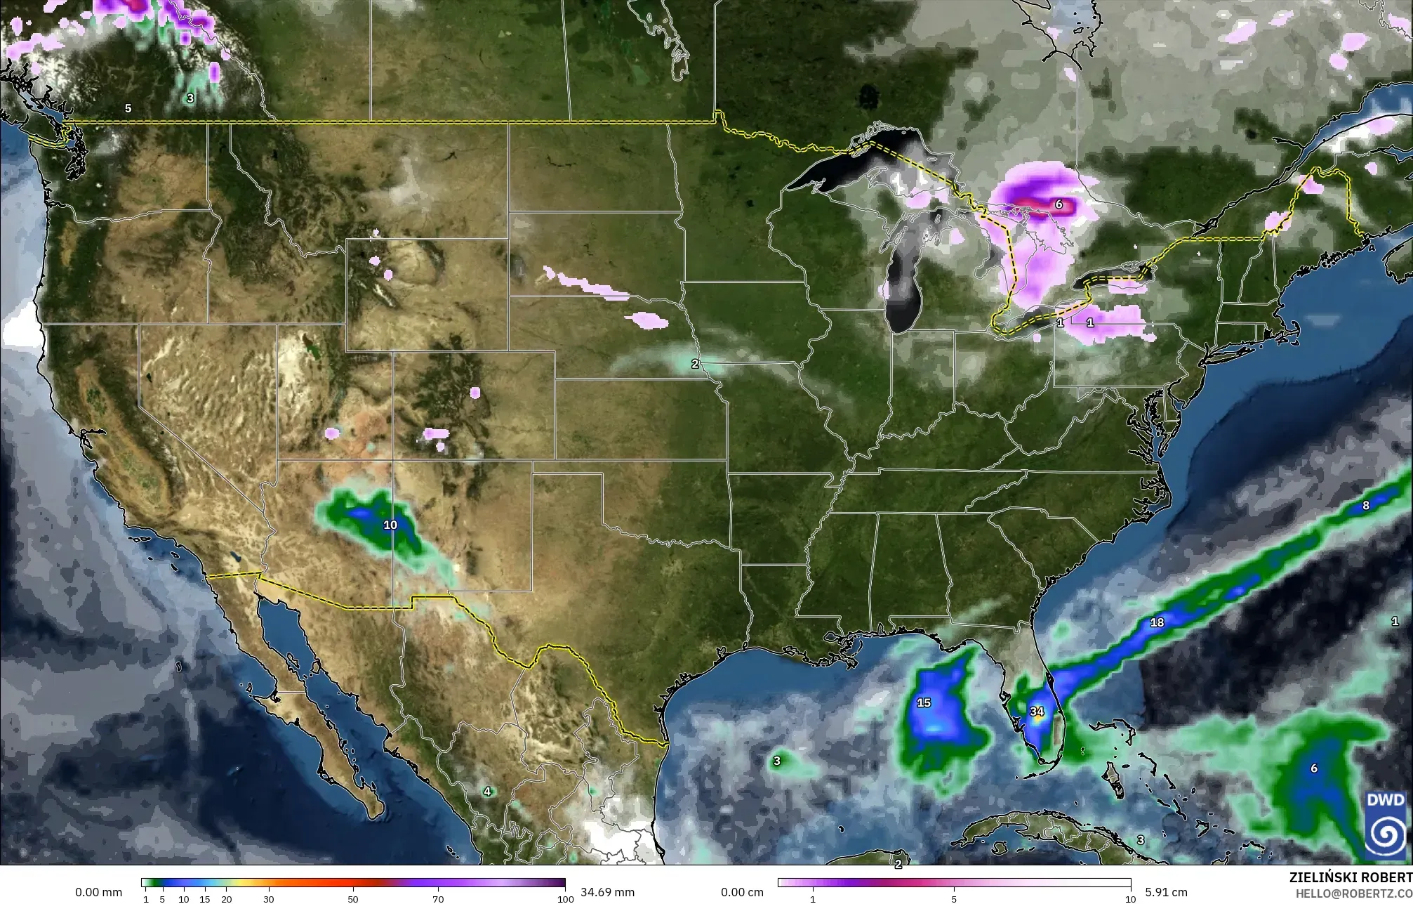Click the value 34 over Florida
(x=1037, y=712)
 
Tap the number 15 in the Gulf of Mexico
(x=924, y=702)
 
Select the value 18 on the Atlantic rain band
(x=1157, y=622)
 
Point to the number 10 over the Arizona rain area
(x=390, y=525)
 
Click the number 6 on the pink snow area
(x=1059, y=205)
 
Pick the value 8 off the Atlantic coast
(x=1365, y=505)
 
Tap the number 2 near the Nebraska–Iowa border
(x=695, y=364)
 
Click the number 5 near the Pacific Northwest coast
(x=128, y=108)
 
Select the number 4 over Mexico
(x=487, y=792)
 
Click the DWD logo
(x=1384, y=826)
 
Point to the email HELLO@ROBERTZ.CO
(x=1353, y=893)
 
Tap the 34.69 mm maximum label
(x=607, y=892)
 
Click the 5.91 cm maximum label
(x=1166, y=892)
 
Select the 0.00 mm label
(x=98, y=892)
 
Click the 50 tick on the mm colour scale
(x=353, y=899)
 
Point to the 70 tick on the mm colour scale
(x=438, y=899)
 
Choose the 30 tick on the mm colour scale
(x=268, y=899)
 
